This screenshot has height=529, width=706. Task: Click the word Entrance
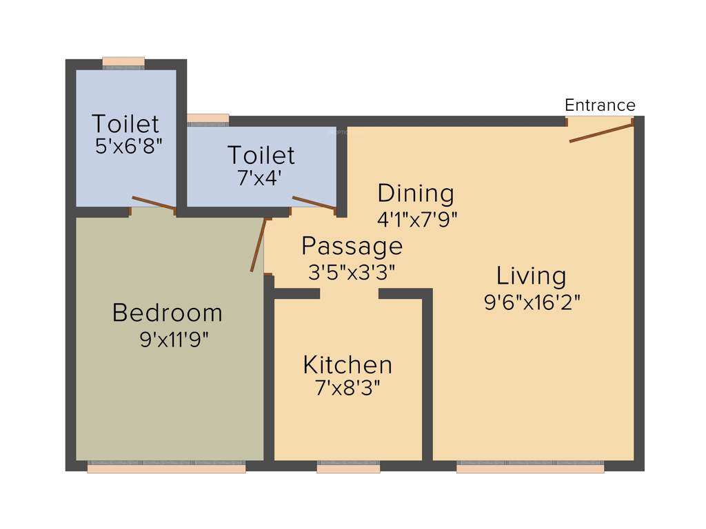point(600,105)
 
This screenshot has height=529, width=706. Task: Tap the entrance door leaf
point(601,133)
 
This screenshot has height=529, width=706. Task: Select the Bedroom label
point(168,313)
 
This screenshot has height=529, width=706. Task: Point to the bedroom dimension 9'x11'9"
point(174,339)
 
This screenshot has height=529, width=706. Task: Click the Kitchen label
point(347,364)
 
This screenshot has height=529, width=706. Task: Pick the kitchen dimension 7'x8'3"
point(347,388)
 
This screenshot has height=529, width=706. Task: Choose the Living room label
point(532,276)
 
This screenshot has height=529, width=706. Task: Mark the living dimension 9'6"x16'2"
point(532,302)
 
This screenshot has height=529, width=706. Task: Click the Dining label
point(416,193)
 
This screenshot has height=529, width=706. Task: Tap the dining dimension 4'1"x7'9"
point(417,219)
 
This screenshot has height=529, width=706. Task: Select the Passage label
point(352,245)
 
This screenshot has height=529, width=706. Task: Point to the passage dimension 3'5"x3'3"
point(352,271)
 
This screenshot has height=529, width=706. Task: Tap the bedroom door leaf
point(258,245)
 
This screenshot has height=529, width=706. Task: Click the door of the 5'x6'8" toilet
point(153,203)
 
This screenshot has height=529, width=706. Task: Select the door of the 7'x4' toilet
point(314,203)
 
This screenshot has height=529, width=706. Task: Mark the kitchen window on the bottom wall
point(348,468)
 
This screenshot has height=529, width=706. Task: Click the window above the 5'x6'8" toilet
point(123,62)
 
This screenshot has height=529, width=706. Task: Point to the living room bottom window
point(530,468)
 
